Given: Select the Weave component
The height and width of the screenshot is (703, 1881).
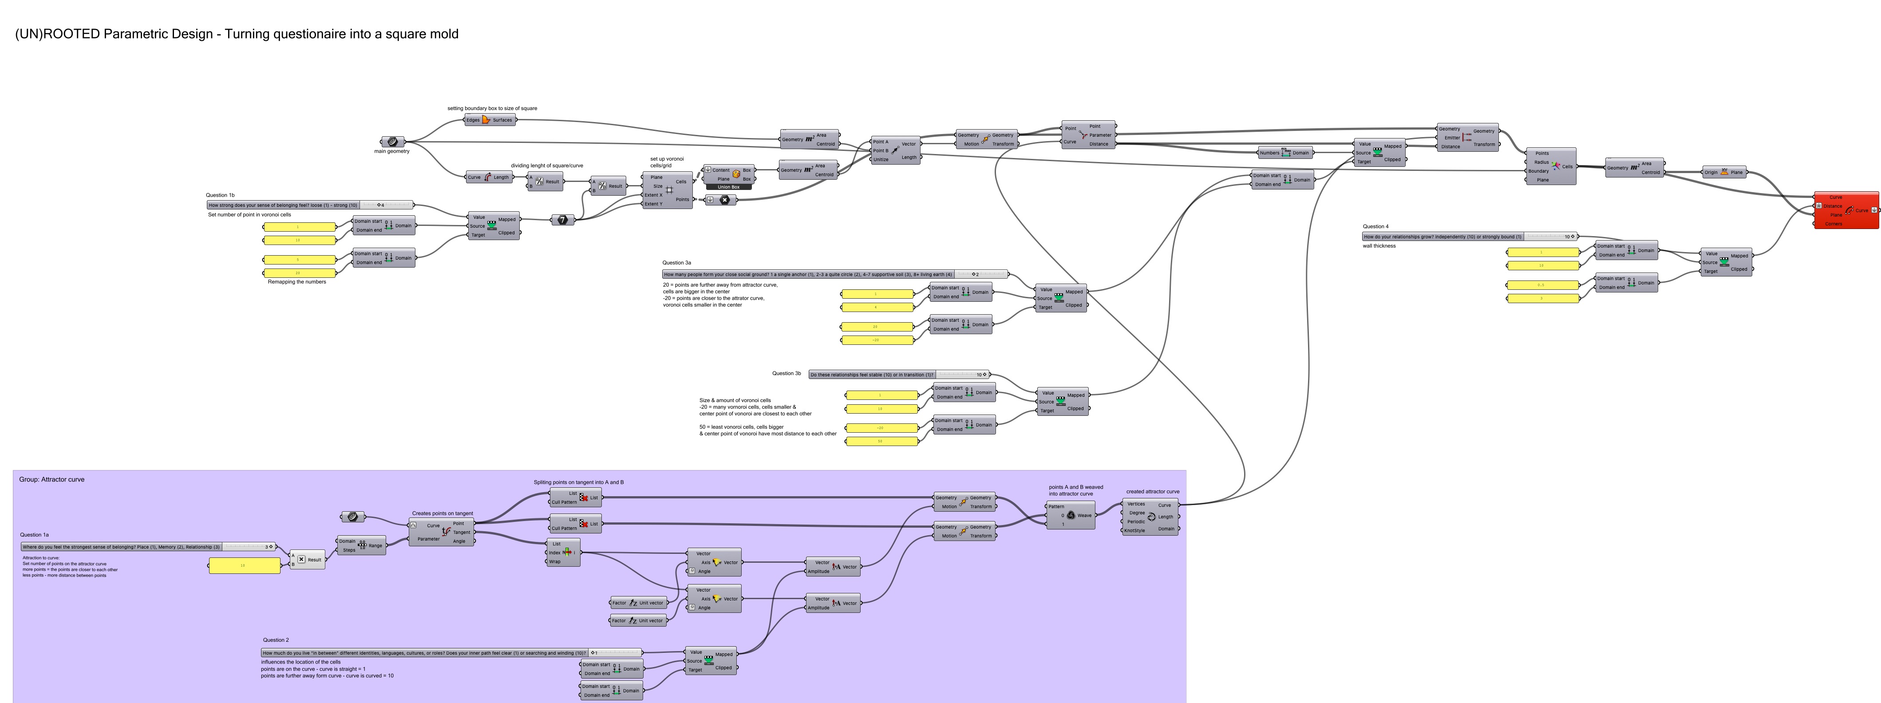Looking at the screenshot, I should point(1071,515).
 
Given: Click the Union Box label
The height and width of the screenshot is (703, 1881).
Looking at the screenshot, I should point(728,187).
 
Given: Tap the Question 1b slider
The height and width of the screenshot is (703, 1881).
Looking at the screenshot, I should point(310,205).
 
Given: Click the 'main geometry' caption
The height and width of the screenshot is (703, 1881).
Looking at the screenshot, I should point(392,151).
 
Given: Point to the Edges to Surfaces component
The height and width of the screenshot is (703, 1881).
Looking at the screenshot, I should point(490,120).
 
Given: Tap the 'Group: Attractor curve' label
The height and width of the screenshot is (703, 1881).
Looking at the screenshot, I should point(52,480).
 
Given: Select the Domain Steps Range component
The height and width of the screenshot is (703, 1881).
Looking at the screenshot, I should point(361,545).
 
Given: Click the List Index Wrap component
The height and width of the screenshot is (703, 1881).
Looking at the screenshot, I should point(564,553).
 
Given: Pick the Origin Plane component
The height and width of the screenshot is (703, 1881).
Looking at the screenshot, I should point(1724,172).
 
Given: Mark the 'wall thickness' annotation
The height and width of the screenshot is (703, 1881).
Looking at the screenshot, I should point(1379,246).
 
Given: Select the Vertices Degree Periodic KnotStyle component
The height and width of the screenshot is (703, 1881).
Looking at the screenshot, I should point(1151,517).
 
